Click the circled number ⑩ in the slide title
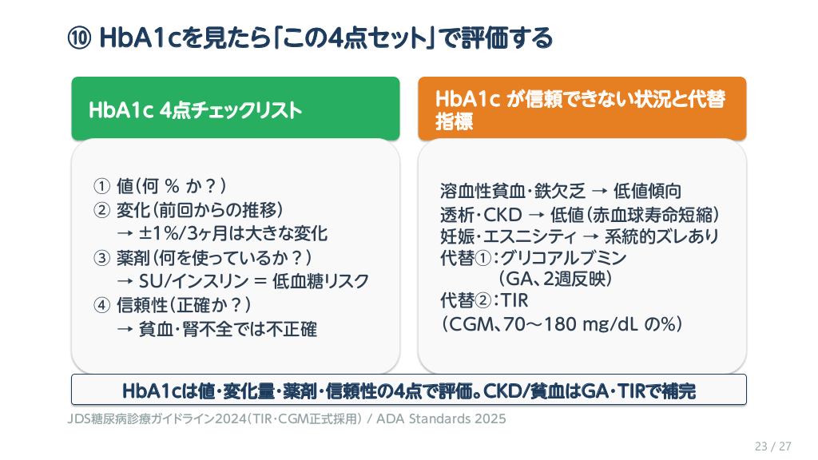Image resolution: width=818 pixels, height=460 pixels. [79, 38]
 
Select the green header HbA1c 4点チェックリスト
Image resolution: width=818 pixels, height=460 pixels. [236, 109]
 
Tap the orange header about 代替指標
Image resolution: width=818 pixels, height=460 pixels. [582, 109]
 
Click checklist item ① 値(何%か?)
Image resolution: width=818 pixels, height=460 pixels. [160, 186]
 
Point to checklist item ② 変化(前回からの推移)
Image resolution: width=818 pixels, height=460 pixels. [189, 210]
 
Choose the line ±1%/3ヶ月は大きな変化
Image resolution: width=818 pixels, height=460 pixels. [223, 234]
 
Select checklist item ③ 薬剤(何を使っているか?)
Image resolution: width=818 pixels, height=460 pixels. [203, 258]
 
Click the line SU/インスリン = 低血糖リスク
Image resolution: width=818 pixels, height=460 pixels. [243, 282]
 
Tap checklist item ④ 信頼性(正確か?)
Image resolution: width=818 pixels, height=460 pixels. [173, 305]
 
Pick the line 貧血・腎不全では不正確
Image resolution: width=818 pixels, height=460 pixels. [217, 329]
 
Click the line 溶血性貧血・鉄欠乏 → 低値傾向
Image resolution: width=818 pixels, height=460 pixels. [561, 191]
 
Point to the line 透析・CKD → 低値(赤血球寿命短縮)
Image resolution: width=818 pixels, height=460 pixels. [580, 214]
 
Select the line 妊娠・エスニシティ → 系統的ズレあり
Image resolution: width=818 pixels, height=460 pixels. [580, 236]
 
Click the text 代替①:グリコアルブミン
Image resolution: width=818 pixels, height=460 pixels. [533, 258]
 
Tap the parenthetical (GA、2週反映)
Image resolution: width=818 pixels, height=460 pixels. [555, 279]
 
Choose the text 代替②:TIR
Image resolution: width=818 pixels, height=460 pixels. [484, 300]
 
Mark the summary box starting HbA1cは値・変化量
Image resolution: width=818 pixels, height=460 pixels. [409, 390]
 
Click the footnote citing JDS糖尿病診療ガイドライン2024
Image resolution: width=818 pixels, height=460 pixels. [287, 418]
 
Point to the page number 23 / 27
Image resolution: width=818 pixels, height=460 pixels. [773, 446]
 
